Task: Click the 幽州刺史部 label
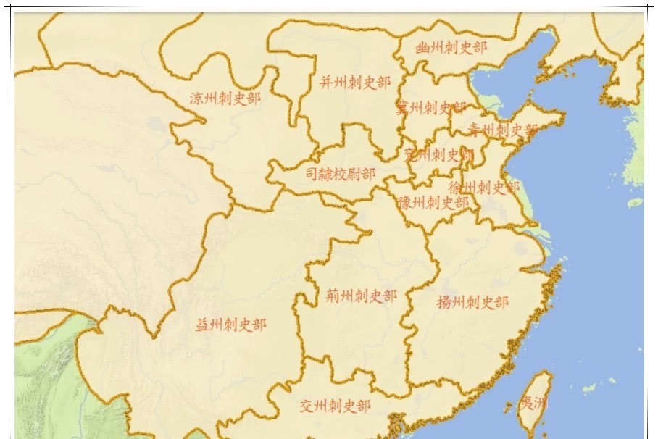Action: click(451, 48)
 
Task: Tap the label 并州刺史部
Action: click(354, 83)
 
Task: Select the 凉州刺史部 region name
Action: click(225, 99)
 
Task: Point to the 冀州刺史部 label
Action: click(430, 108)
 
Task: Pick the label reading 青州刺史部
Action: click(502, 130)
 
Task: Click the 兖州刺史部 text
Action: click(438, 154)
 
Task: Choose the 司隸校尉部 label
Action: click(340, 174)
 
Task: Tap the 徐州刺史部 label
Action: click(484, 188)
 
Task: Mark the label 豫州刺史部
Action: click(433, 203)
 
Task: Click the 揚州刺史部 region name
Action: click(472, 302)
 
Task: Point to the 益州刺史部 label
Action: click(231, 325)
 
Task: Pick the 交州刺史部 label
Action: click(336, 406)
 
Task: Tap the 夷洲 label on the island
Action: click(533, 404)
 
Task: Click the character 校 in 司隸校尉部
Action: click(341, 174)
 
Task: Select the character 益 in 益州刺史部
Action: click(203, 325)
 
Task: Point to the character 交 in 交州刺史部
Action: click(307, 406)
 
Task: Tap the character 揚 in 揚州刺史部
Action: click(444, 302)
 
